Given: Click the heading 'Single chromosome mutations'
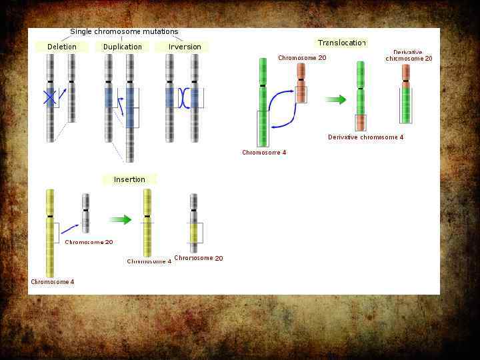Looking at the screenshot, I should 124,31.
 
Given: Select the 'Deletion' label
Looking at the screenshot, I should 62,47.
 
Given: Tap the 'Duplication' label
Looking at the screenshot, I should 123,47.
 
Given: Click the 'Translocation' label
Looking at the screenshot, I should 342,43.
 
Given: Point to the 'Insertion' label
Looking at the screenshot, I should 129,179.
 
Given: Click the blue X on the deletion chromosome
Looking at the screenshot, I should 50,97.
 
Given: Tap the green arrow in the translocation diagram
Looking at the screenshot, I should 336,100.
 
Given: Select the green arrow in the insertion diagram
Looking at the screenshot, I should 120,219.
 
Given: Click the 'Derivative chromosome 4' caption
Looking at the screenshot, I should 365,137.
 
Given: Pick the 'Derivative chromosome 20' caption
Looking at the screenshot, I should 409,55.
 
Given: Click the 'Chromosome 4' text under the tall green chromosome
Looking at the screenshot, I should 264,153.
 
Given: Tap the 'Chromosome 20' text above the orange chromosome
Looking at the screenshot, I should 302,58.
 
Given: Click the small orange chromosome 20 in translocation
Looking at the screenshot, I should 301,83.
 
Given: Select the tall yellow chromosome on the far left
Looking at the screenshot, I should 50,233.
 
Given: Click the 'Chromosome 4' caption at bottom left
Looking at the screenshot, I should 53,282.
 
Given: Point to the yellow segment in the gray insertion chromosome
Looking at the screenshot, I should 193,233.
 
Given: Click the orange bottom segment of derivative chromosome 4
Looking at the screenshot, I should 361,123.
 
